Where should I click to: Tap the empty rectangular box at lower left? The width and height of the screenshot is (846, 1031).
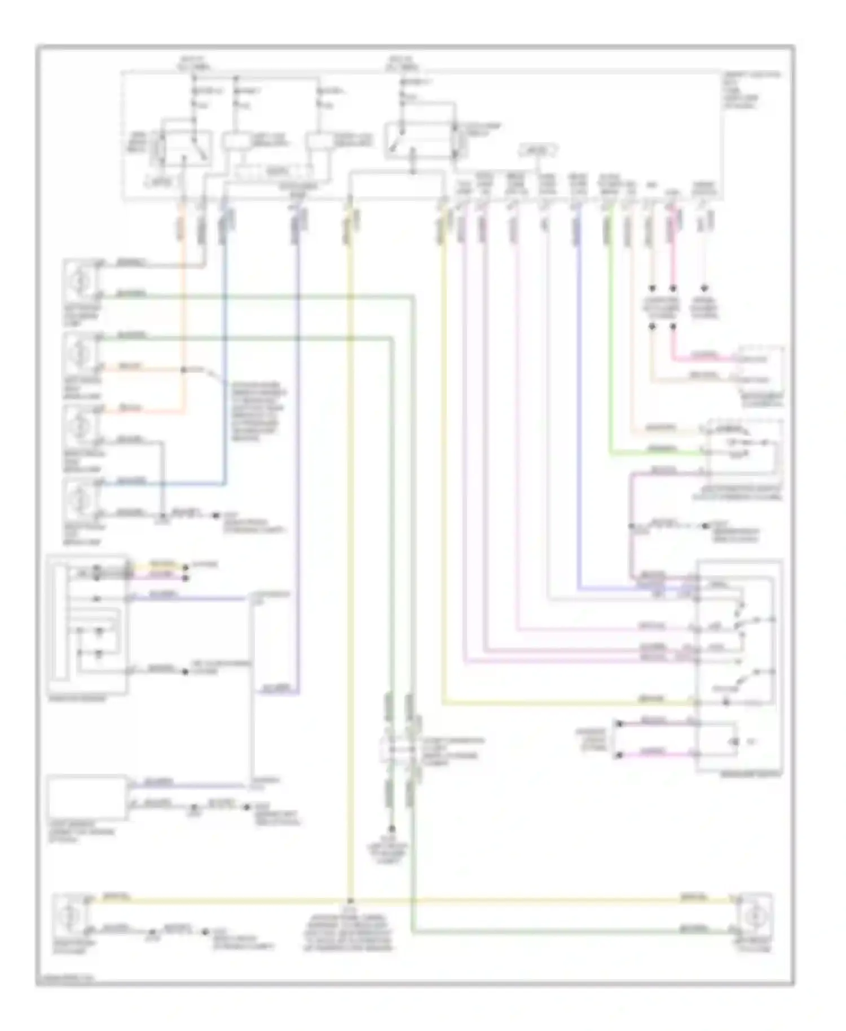pos(86,797)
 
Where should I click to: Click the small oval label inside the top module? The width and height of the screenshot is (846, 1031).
pos(537,151)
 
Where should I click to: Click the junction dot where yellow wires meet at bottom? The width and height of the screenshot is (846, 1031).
pos(350,901)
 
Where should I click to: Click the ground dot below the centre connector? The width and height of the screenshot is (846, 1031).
pos(391,829)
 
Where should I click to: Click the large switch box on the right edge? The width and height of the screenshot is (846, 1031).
pos(739,666)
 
